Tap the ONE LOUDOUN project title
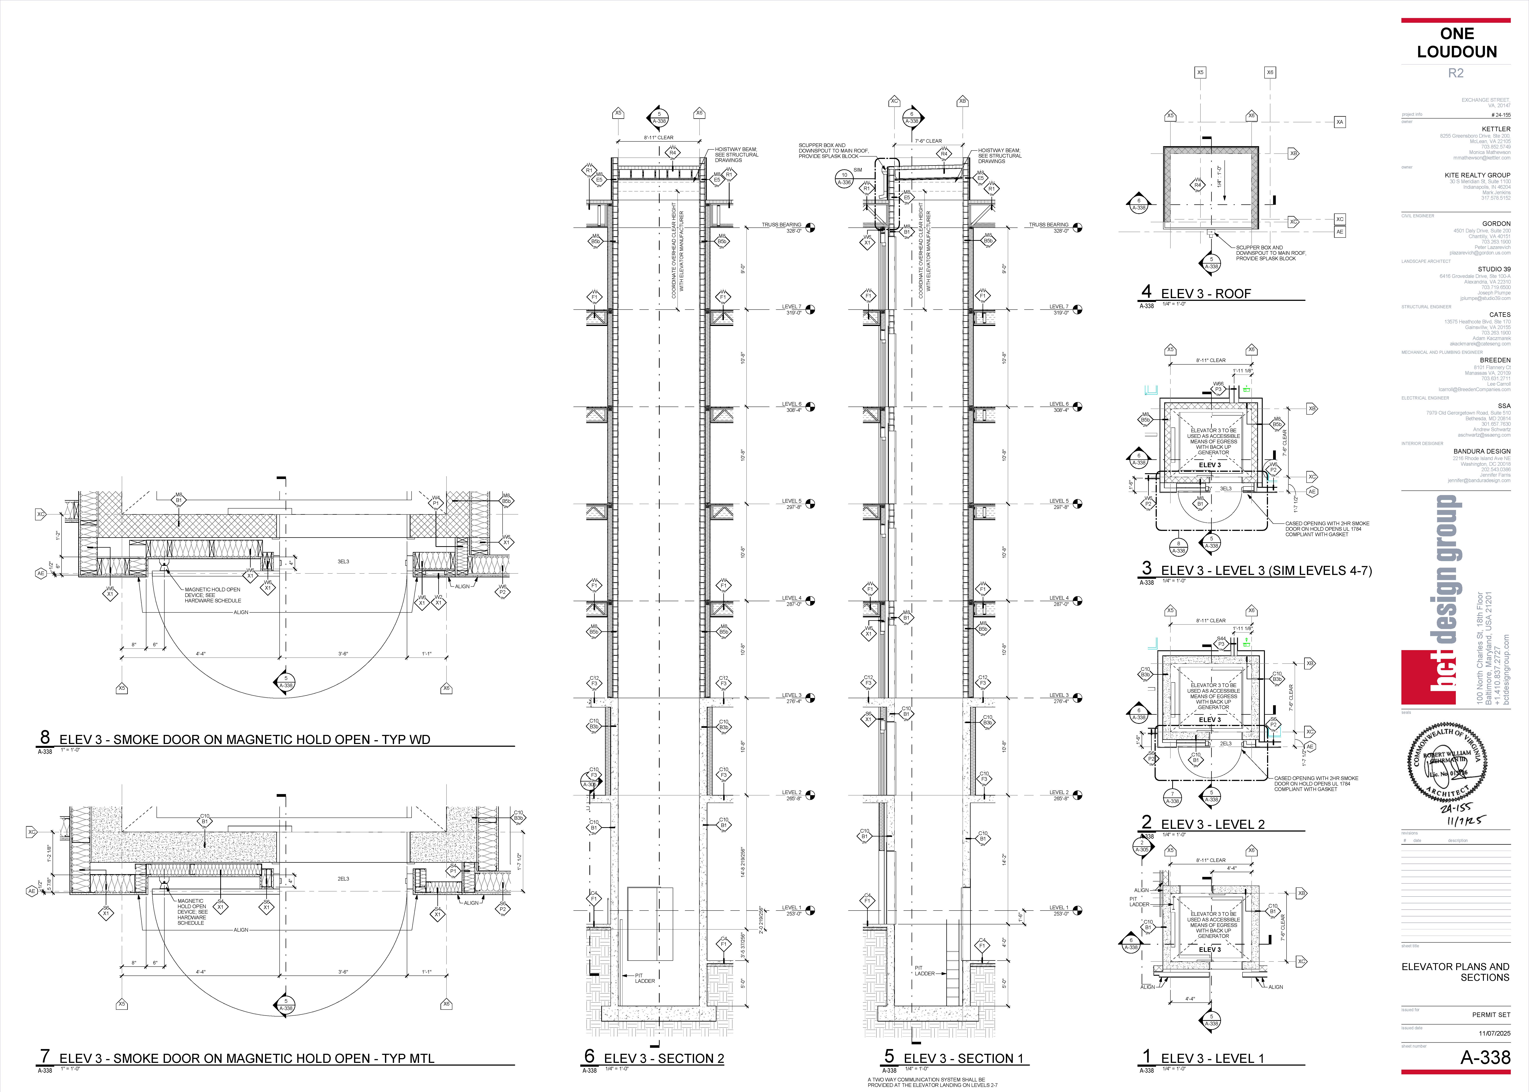click(1456, 43)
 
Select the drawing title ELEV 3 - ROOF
click(1206, 294)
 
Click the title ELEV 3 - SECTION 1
click(963, 1058)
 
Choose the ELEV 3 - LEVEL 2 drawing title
click(1212, 824)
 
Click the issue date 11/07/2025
click(1494, 1033)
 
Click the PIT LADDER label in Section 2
click(643, 978)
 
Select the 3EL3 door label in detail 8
click(344, 561)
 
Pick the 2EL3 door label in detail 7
click(344, 879)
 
